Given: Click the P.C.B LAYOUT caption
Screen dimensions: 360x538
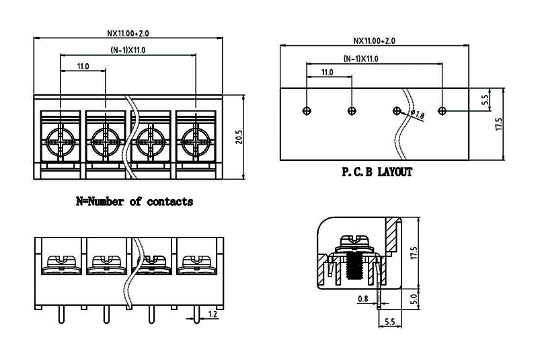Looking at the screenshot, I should click(377, 172).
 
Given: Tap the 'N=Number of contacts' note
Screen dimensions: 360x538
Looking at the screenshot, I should click(134, 201).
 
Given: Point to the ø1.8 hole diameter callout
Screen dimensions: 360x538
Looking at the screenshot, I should click(417, 116).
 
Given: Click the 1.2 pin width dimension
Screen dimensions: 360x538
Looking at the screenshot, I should click(213, 314).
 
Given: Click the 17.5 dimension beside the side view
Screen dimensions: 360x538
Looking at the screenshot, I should click(414, 253).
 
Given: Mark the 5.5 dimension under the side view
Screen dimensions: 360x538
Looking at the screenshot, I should click(389, 322).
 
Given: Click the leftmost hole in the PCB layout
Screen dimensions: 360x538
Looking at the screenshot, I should click(307, 110).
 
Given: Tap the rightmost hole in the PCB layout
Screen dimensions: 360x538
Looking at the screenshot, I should click(442, 110).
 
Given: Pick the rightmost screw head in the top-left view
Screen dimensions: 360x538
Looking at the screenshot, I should click(196, 141).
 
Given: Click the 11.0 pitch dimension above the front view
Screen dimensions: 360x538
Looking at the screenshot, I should click(83, 66).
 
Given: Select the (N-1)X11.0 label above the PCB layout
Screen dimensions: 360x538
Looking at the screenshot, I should click(361, 59).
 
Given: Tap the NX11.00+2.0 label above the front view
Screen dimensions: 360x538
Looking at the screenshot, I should click(128, 32).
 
